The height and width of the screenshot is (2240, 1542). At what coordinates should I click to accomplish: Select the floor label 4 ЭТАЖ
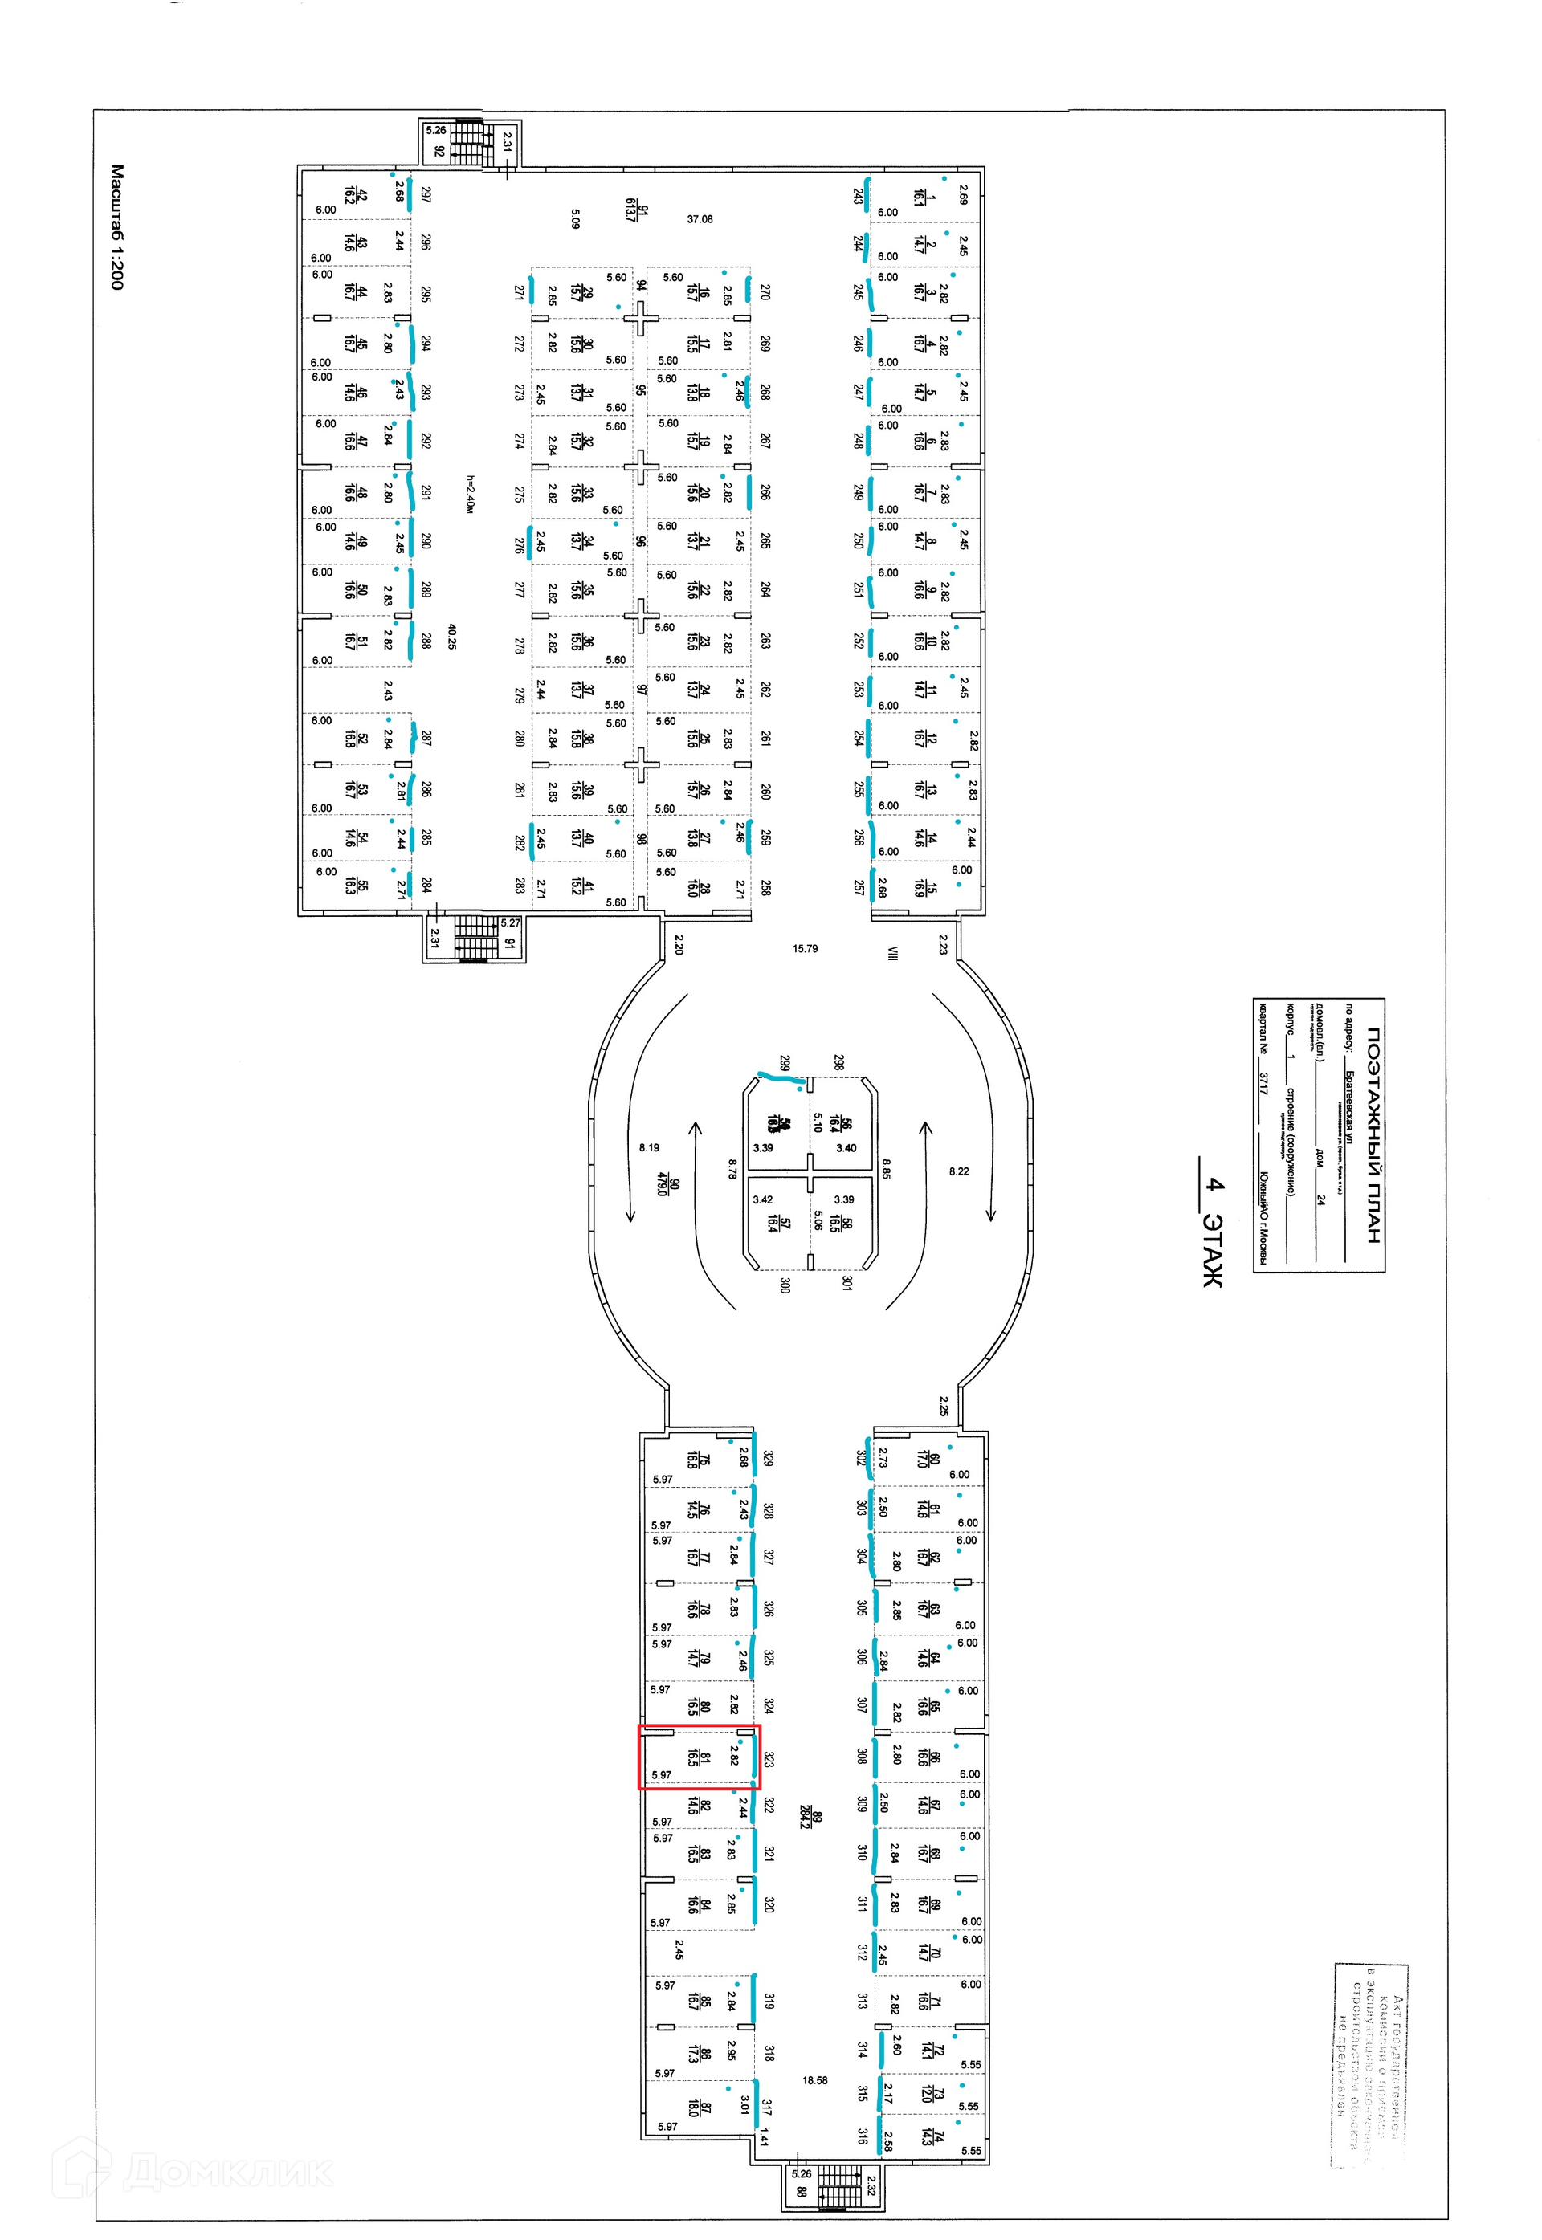(1214, 1232)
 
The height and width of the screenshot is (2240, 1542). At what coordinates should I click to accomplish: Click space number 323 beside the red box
(768, 1758)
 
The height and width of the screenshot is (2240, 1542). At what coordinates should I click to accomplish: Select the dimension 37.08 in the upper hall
(700, 219)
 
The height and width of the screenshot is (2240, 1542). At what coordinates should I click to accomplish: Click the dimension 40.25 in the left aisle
(451, 636)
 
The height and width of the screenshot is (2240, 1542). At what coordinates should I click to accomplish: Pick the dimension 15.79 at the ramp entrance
(805, 948)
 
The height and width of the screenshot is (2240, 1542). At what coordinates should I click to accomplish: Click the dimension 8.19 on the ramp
(649, 1147)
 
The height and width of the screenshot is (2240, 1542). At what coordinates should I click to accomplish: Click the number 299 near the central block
(785, 1061)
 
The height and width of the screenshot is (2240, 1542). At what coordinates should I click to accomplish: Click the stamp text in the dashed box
(1370, 2067)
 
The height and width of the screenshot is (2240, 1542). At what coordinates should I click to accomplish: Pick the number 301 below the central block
(846, 1283)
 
